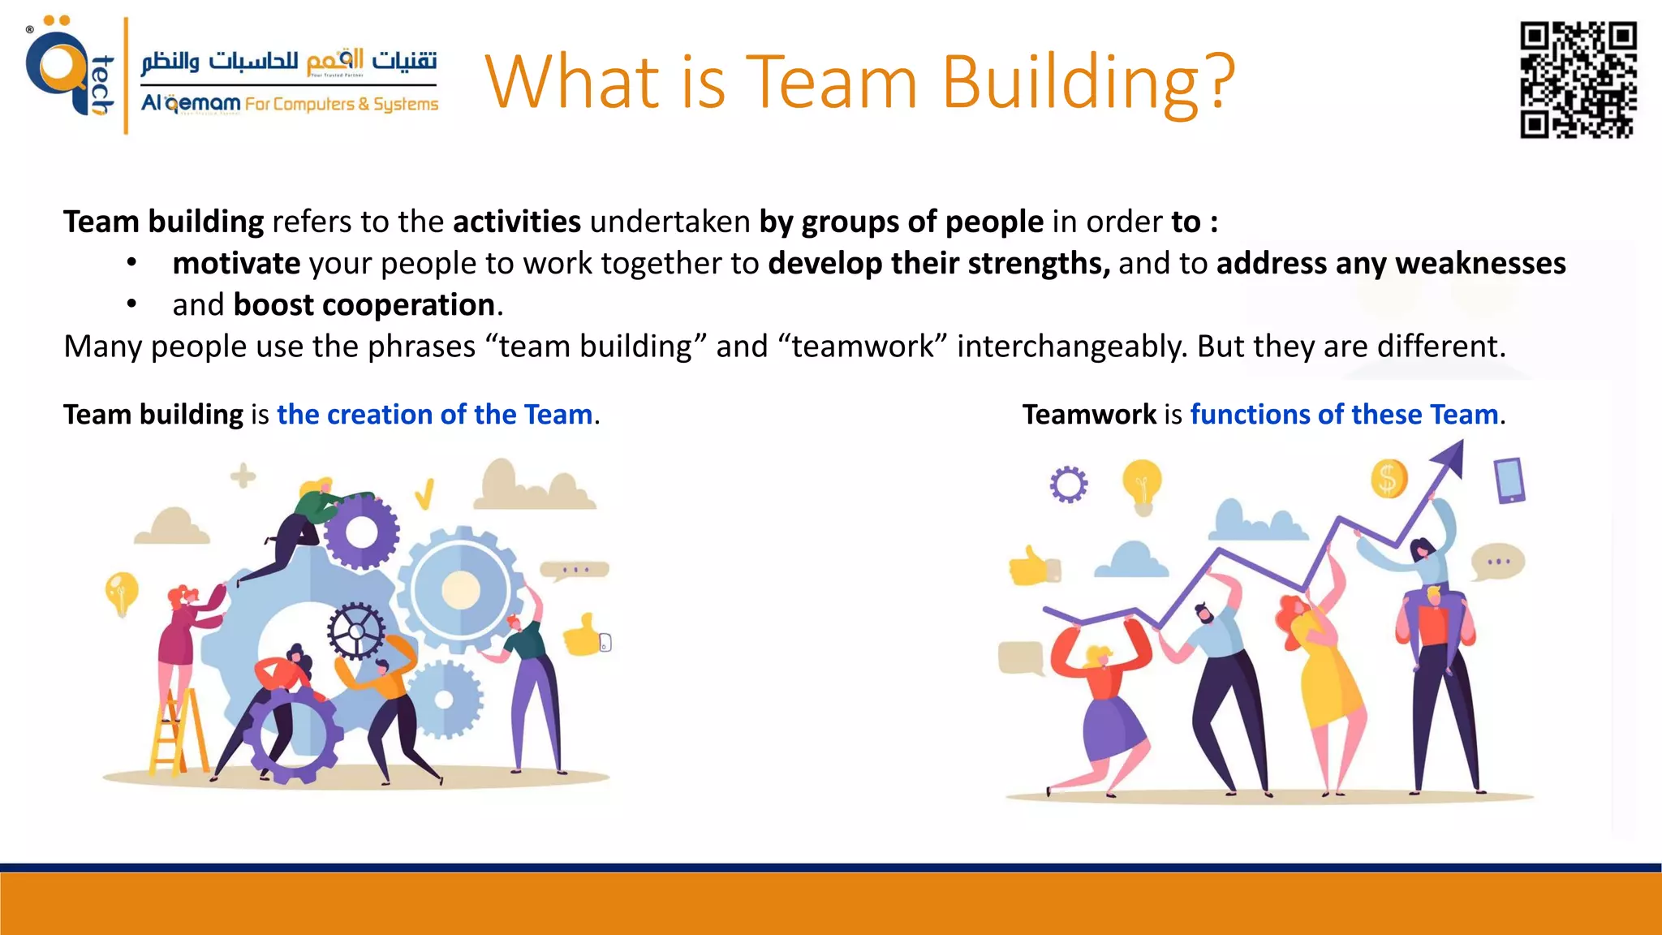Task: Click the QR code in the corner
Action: point(1577,80)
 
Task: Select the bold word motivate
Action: point(236,263)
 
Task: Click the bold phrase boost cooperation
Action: point(364,305)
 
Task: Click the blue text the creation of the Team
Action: point(435,415)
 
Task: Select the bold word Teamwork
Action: point(1088,415)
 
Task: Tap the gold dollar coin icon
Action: point(1389,479)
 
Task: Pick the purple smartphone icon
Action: point(1509,480)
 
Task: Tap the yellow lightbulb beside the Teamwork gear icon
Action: point(1142,485)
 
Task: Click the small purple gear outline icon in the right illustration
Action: point(1068,485)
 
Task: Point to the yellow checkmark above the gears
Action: point(424,493)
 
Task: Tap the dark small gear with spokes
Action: point(355,631)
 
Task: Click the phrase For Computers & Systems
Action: point(342,105)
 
